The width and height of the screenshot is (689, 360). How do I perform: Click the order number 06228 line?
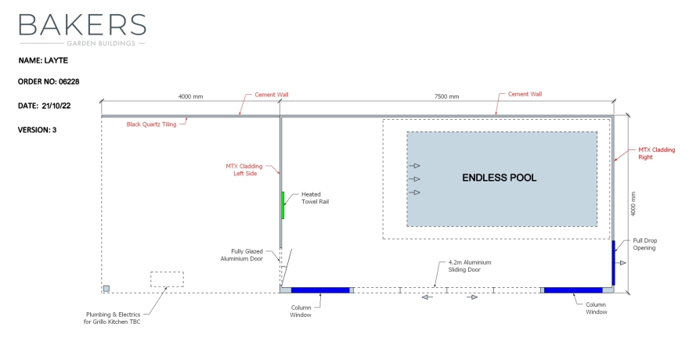49,81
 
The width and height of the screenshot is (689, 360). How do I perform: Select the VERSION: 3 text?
38,130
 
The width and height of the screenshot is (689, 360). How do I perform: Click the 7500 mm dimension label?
446,96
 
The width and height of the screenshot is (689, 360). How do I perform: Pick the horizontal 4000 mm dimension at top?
190,96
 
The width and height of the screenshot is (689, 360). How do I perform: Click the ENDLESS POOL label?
500,178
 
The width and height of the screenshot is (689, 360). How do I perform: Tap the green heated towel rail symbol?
283,205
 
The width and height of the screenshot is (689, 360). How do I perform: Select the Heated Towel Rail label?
312,198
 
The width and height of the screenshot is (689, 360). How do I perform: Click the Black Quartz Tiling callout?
152,124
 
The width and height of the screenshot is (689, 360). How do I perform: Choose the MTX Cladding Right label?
655,153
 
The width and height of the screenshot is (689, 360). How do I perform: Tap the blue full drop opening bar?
613,264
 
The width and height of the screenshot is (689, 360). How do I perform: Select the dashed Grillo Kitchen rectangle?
167,279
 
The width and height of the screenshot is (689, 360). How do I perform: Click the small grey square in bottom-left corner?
106,288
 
